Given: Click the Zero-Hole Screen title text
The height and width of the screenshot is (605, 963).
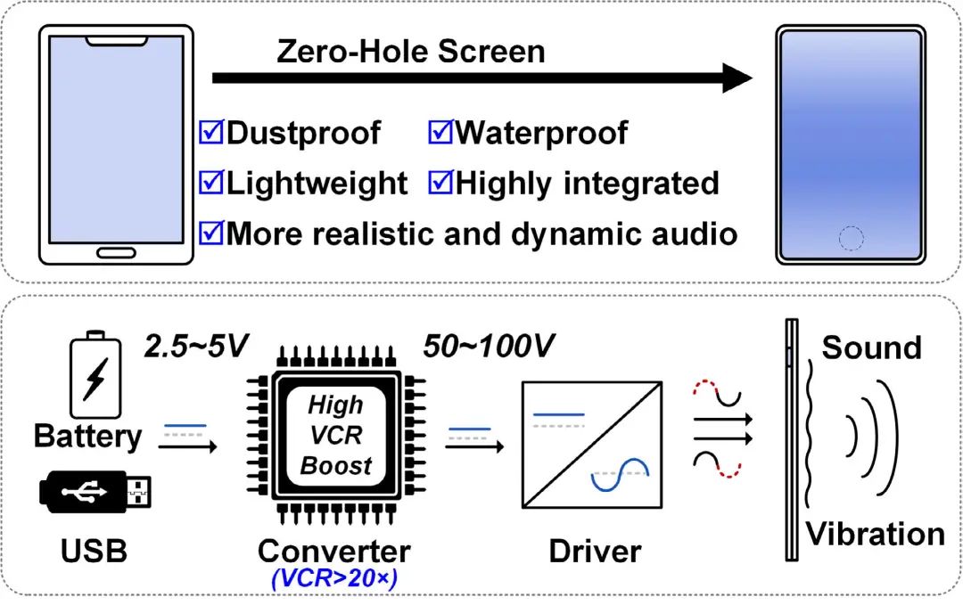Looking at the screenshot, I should pos(410,51).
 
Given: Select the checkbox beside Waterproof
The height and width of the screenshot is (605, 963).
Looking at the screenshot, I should pos(441,133).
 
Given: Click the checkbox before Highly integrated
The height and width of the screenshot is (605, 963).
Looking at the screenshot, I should pos(441,183).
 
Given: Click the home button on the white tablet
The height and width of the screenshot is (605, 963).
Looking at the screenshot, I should pos(116,252).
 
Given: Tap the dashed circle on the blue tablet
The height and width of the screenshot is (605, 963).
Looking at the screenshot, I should pos(852,238).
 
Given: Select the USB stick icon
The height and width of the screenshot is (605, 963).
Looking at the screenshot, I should pos(95,493).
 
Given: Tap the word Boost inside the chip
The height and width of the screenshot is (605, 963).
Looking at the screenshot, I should pos(335,466).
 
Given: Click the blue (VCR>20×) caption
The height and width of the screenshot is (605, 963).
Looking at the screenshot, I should pos(333,578).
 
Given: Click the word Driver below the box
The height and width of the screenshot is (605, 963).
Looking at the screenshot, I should pos(594,551).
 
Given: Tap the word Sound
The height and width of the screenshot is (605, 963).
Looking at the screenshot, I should pos(870,347).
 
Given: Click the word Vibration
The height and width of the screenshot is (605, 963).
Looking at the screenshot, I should pos(875,534).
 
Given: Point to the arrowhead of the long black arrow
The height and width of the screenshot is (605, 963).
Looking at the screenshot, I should pos(738,78).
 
